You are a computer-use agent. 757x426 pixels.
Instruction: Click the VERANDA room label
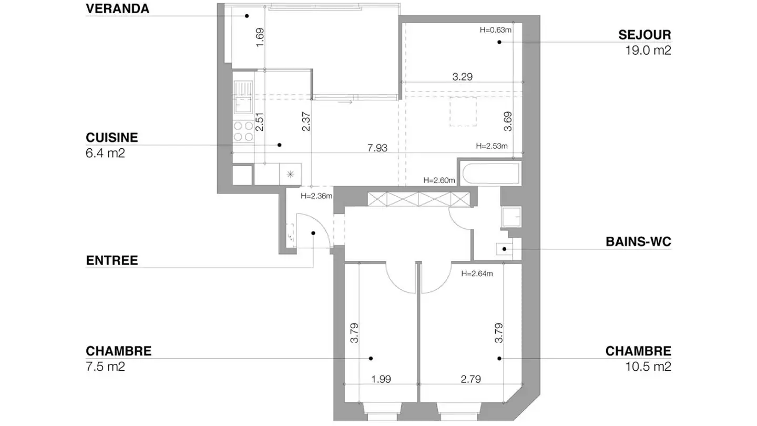(117, 9)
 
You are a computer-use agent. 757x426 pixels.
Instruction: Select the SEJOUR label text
(645, 35)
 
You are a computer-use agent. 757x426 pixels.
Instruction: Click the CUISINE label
(112, 138)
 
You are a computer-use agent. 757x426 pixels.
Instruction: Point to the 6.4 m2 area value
(105, 154)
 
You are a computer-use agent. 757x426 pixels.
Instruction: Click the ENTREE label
(112, 260)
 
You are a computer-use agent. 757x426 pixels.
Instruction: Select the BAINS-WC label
(638, 242)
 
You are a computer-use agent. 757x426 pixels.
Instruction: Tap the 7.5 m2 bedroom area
(105, 367)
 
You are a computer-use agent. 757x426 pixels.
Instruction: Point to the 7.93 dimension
(377, 148)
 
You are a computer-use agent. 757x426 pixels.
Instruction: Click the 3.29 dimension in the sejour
(463, 77)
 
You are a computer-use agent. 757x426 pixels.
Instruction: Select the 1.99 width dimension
(381, 379)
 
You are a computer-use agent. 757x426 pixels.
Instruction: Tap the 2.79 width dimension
(471, 379)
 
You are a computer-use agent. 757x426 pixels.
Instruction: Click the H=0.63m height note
(495, 30)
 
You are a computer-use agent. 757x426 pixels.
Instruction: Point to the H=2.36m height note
(316, 196)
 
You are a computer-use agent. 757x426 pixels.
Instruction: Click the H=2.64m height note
(477, 273)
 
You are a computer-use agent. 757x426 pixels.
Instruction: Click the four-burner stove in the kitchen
(243, 131)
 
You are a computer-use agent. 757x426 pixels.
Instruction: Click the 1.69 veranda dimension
(260, 38)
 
